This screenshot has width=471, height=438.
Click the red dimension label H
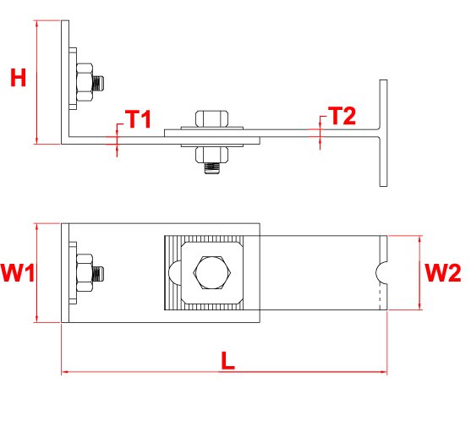(18, 78)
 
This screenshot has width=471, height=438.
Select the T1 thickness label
(138, 118)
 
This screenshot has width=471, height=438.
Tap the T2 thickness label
(342, 116)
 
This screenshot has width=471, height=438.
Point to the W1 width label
(18, 272)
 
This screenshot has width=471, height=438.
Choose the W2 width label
(443, 272)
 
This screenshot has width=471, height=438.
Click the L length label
(227, 360)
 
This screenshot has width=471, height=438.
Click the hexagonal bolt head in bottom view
(212, 272)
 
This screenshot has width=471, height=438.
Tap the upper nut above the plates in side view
(212, 118)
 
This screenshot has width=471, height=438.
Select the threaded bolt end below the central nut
(212, 168)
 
